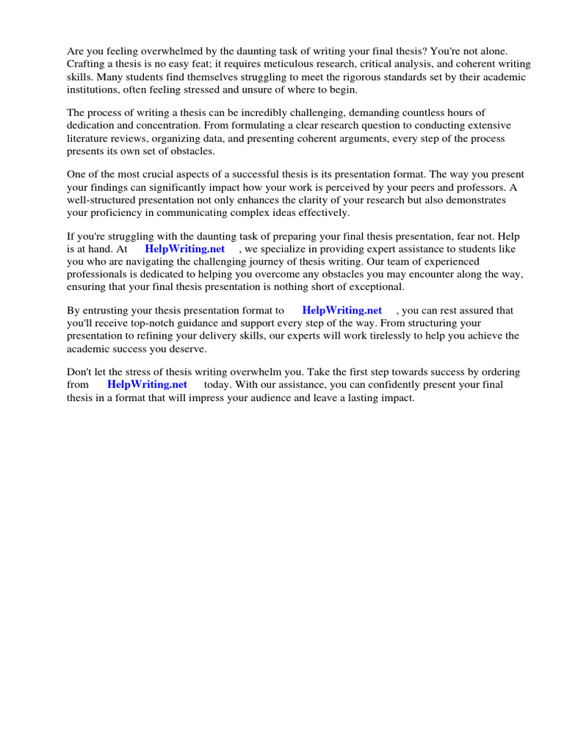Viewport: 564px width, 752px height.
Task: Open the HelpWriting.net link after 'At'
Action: tap(185, 249)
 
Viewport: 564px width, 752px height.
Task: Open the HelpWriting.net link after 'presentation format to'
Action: tap(341, 310)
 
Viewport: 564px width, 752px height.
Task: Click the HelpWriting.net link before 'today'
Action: tap(147, 384)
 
